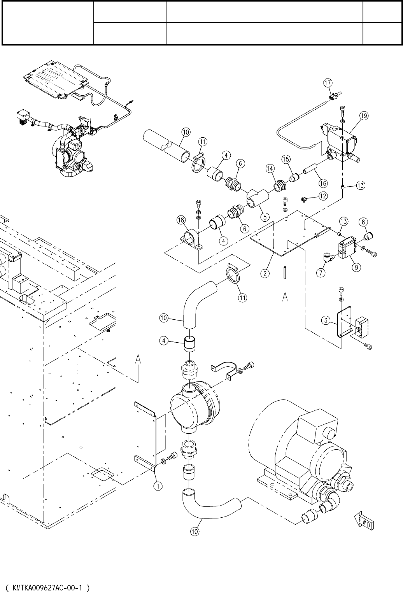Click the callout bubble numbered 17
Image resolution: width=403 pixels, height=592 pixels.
(328, 83)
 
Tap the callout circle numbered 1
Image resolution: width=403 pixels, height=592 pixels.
(158, 486)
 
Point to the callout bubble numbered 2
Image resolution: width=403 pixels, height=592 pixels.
(265, 273)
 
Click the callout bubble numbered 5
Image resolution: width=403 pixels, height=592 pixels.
(265, 217)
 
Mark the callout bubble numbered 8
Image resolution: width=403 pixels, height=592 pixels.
(363, 222)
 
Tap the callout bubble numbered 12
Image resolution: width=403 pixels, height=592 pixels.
(323, 196)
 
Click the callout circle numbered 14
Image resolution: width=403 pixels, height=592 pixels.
(270, 168)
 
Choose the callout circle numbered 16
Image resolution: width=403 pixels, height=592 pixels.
(323, 183)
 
